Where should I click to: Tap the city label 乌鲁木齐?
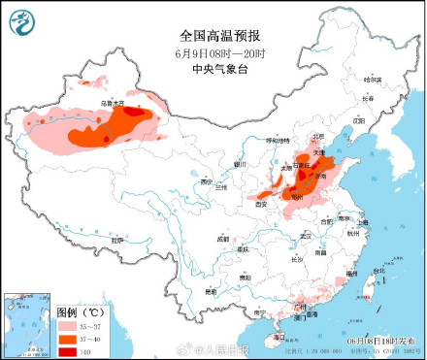click(x=114, y=102)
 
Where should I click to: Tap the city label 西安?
click(x=260, y=205)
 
